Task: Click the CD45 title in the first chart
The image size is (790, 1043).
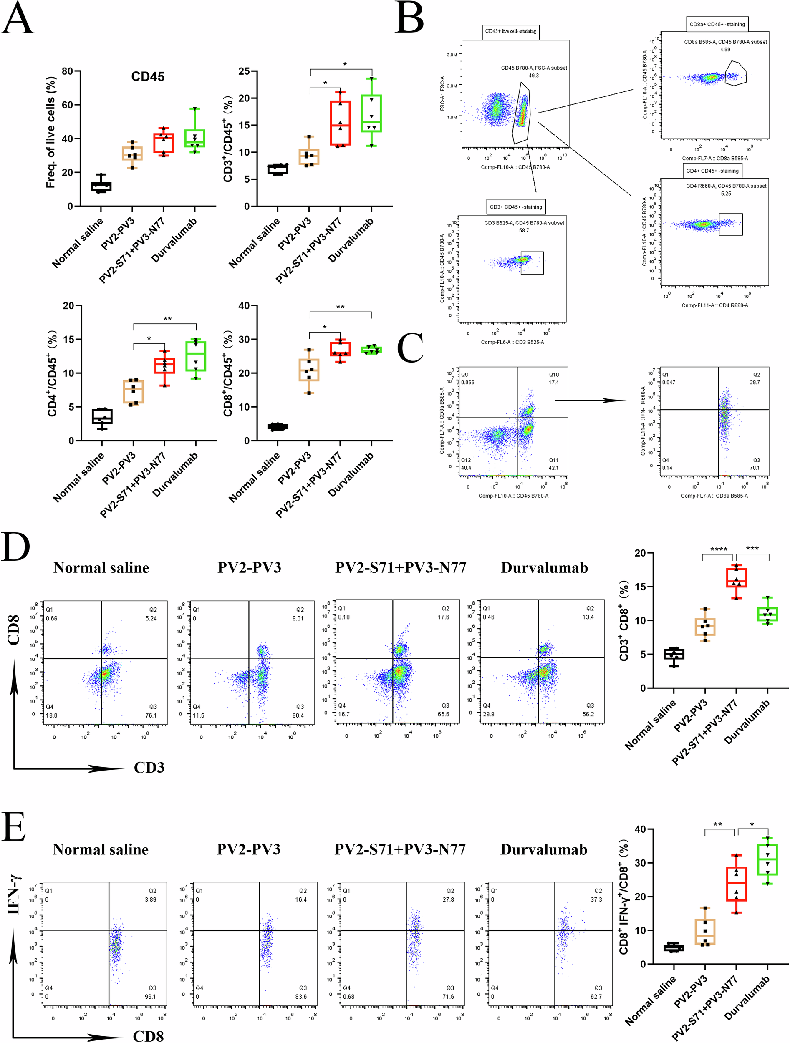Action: (148, 76)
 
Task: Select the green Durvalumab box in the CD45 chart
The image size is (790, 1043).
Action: (195, 138)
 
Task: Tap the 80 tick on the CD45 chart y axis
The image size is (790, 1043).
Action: (68, 71)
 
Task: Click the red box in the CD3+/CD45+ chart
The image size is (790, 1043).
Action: (340, 123)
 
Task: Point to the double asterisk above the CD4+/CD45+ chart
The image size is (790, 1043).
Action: (167, 319)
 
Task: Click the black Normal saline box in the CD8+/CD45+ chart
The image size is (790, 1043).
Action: (278, 427)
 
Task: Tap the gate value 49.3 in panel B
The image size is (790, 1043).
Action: (533, 76)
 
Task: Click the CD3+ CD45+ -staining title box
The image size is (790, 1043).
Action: (515, 207)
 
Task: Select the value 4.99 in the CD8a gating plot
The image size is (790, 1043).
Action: (725, 50)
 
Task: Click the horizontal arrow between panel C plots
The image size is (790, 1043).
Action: (590, 401)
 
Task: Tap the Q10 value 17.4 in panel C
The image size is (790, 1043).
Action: (553, 383)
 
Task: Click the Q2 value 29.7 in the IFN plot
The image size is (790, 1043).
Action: (755, 383)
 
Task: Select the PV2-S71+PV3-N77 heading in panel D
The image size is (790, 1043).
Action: (400, 568)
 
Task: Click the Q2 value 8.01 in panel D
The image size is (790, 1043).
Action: (298, 618)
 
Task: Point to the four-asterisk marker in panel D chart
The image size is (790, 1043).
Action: (718, 549)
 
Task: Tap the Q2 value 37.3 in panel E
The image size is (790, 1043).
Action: (596, 899)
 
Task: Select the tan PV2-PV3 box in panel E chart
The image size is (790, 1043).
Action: (704, 931)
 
